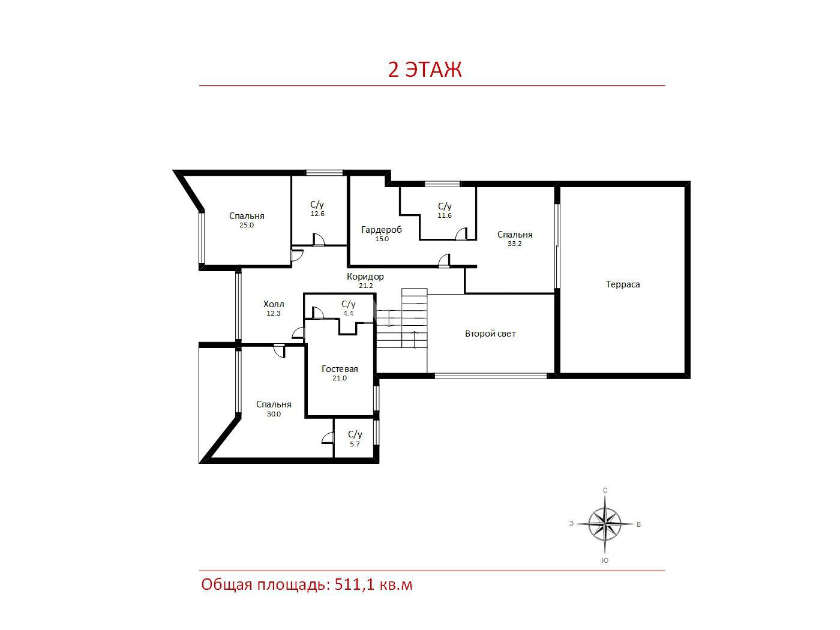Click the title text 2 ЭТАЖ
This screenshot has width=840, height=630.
(x=425, y=70)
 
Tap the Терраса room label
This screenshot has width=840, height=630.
(x=623, y=284)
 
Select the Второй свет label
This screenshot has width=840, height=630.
(x=490, y=334)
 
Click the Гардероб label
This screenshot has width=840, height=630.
(x=382, y=230)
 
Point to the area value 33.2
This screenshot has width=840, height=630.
(x=514, y=244)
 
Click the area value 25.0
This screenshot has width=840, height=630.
(x=247, y=225)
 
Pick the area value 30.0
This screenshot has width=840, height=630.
(x=274, y=414)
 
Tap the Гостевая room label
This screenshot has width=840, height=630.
(x=340, y=369)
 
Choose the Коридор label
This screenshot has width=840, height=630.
(x=365, y=277)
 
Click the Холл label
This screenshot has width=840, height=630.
(x=274, y=304)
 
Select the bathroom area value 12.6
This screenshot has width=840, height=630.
(x=317, y=214)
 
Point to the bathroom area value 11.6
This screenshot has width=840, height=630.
(x=445, y=215)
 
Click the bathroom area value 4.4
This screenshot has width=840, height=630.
(x=348, y=313)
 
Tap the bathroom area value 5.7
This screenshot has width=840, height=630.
(x=355, y=444)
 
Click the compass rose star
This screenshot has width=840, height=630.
(x=605, y=524)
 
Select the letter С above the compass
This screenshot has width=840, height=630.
(x=605, y=490)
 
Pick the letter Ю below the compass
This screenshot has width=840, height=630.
(x=605, y=560)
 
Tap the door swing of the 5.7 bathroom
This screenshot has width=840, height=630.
(x=328, y=438)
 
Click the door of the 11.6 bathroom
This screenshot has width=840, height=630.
(x=461, y=234)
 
